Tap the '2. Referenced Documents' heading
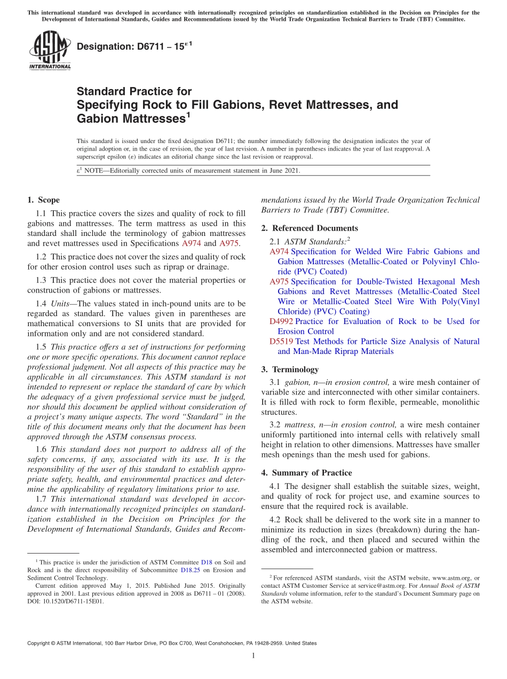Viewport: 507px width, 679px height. coord(310,228)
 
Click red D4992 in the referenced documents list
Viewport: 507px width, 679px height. coord(281,321)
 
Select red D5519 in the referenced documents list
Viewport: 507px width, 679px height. coord(281,341)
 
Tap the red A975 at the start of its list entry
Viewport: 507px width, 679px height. coord(279,281)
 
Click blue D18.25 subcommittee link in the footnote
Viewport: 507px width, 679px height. coord(190,570)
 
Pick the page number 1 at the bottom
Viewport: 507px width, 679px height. coord(253,656)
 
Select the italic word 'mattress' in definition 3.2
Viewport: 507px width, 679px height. coord(299,425)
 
